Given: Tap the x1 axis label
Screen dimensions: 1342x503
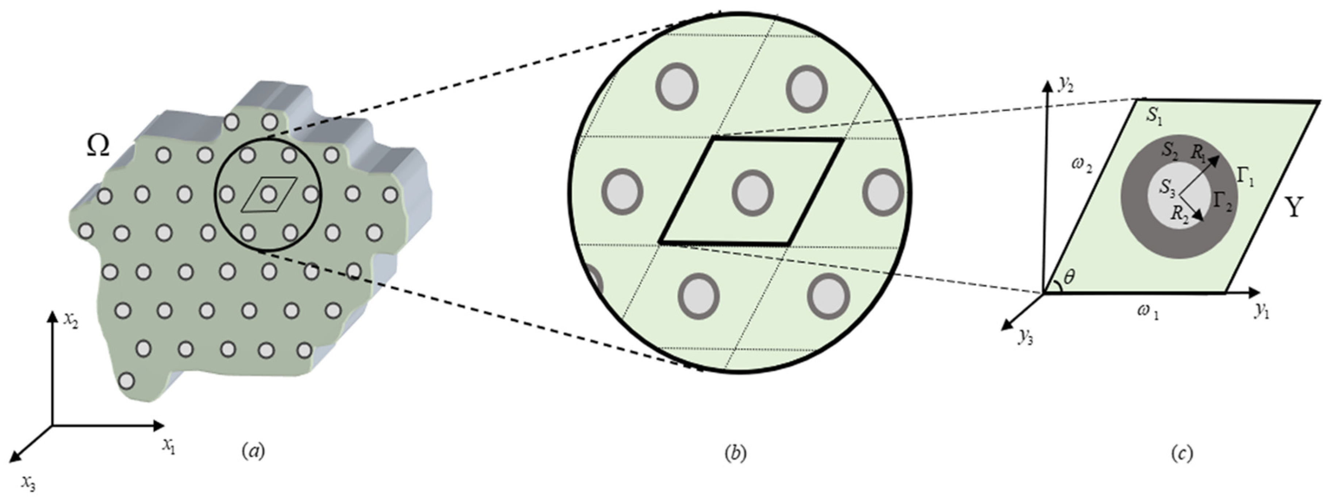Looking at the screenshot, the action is tap(168, 446).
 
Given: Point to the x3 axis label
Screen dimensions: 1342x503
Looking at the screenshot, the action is tap(28, 484).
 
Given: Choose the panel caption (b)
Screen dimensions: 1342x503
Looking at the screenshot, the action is tap(735, 453).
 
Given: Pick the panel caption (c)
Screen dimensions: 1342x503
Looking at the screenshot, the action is tap(1181, 453).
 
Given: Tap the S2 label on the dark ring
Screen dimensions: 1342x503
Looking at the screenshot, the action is tap(1171, 151).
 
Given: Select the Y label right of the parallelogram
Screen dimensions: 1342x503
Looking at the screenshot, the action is tap(1294, 209).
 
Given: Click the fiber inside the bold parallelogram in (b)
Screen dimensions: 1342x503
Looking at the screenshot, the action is tap(752, 193).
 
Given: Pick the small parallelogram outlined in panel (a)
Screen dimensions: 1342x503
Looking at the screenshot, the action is tap(269, 194).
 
